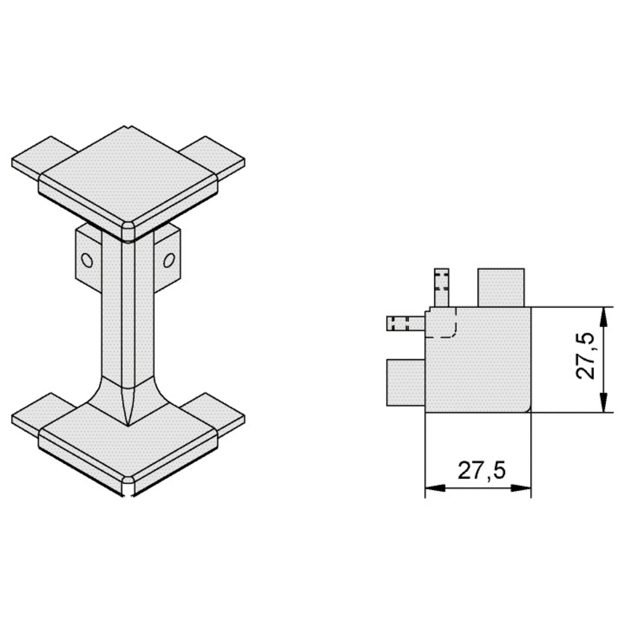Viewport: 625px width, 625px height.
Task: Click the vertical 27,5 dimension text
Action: (x=585, y=355)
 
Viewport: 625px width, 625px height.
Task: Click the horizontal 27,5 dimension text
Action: (x=482, y=470)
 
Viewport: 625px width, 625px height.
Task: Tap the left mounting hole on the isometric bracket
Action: (x=87, y=260)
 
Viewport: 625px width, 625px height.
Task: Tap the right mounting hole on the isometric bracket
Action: (x=169, y=260)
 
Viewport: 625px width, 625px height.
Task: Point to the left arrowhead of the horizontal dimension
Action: (x=435, y=488)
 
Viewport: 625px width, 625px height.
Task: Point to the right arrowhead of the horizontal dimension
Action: (x=521, y=488)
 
